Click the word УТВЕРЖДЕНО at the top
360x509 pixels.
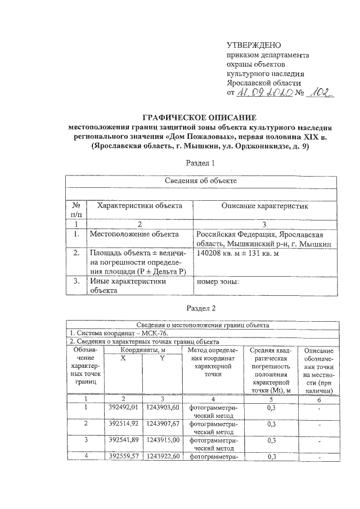click(253, 45)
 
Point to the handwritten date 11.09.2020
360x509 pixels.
click(264, 92)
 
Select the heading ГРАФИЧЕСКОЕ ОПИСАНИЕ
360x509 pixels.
click(200, 117)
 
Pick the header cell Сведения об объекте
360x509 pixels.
click(200, 181)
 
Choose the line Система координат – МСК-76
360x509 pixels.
click(107, 333)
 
